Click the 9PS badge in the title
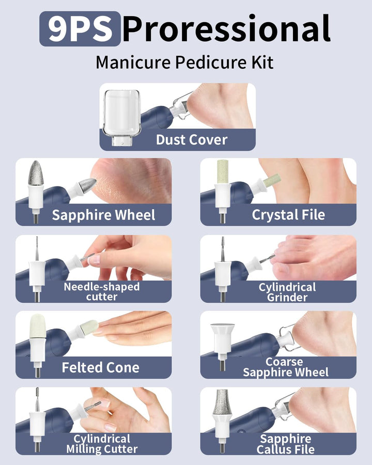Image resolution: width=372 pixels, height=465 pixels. [80, 29]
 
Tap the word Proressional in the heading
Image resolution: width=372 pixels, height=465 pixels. [226, 29]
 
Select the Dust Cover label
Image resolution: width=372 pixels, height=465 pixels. [192, 139]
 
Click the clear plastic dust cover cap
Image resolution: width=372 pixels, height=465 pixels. [121, 117]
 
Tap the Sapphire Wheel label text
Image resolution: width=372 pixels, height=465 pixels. [103, 215]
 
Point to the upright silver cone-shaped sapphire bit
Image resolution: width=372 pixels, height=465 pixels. [36, 173]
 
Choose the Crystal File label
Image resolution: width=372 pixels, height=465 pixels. [288, 215]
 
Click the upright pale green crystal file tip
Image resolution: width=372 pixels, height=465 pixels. [223, 172]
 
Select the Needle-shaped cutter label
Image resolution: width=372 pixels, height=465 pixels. [101, 291]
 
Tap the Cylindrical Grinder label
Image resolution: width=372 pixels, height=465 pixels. [287, 292]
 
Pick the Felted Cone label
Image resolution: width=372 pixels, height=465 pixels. [101, 368]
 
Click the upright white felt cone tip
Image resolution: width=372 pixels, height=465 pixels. [37, 326]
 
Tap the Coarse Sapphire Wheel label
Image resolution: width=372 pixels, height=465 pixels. [286, 367]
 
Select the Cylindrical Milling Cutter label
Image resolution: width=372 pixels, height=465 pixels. [102, 444]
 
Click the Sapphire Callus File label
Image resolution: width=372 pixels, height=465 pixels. [285, 444]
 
